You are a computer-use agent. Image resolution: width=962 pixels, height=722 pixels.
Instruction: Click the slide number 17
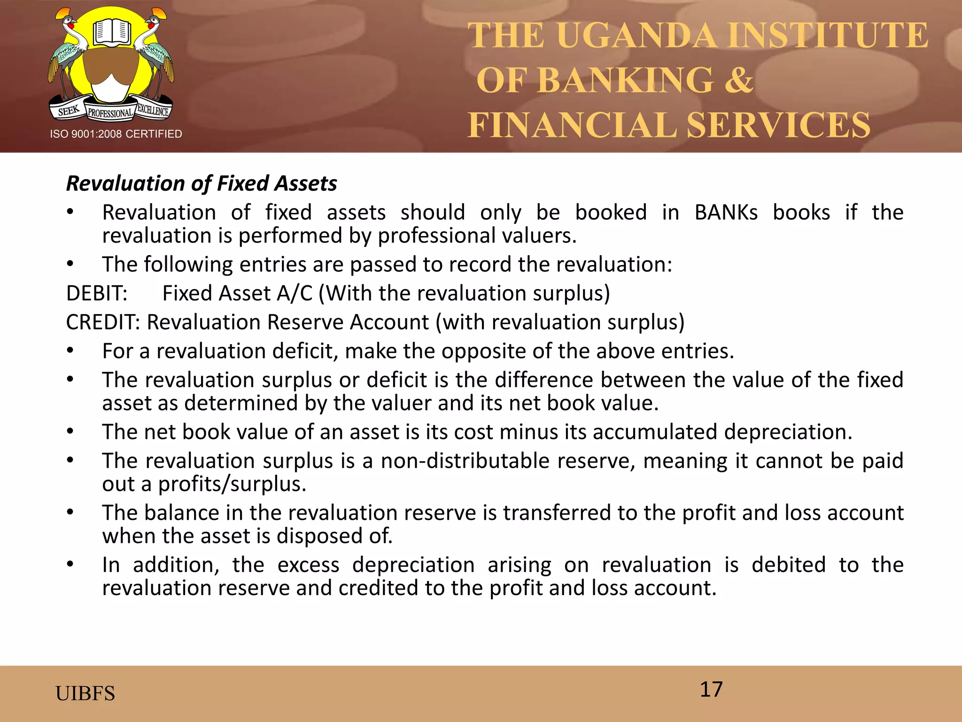coord(711,690)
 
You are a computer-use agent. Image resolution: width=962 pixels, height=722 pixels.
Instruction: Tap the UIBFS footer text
coord(85,693)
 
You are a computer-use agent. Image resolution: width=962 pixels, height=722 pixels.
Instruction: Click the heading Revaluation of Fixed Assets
coord(202,183)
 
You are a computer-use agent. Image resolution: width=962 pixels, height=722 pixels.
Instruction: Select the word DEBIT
coord(96,293)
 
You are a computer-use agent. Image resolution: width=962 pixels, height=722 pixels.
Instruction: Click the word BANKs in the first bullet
coord(726,212)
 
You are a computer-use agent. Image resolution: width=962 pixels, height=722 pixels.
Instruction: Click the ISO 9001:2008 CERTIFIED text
coord(116,134)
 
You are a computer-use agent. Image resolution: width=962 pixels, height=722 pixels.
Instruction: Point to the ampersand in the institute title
coord(738,80)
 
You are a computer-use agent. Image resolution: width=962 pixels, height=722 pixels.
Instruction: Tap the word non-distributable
coord(465,461)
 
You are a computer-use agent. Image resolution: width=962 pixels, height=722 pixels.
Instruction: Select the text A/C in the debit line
coord(295,293)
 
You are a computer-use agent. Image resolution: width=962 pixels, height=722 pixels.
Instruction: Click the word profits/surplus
coord(232,484)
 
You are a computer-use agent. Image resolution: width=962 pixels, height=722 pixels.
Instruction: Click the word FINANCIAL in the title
coord(573,125)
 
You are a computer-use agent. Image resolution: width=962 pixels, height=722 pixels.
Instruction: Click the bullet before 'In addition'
coord(70,564)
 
